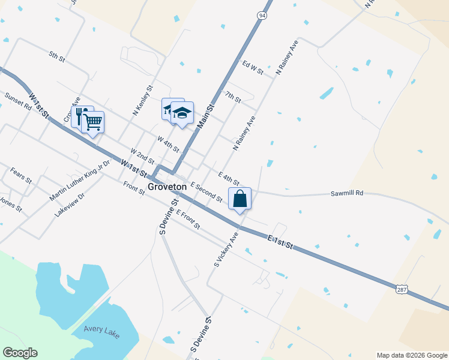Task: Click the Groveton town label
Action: (167, 187)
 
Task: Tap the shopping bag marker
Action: (240, 198)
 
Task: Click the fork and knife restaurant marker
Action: (80, 115)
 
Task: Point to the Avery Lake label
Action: (100, 328)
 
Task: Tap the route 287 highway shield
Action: (401, 289)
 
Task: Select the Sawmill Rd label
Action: (347, 194)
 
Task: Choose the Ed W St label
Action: (253, 67)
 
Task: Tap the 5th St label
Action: (57, 56)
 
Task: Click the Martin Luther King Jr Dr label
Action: (80, 181)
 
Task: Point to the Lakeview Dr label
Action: (70, 204)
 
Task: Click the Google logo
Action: (20, 353)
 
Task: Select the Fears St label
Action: (21, 176)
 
